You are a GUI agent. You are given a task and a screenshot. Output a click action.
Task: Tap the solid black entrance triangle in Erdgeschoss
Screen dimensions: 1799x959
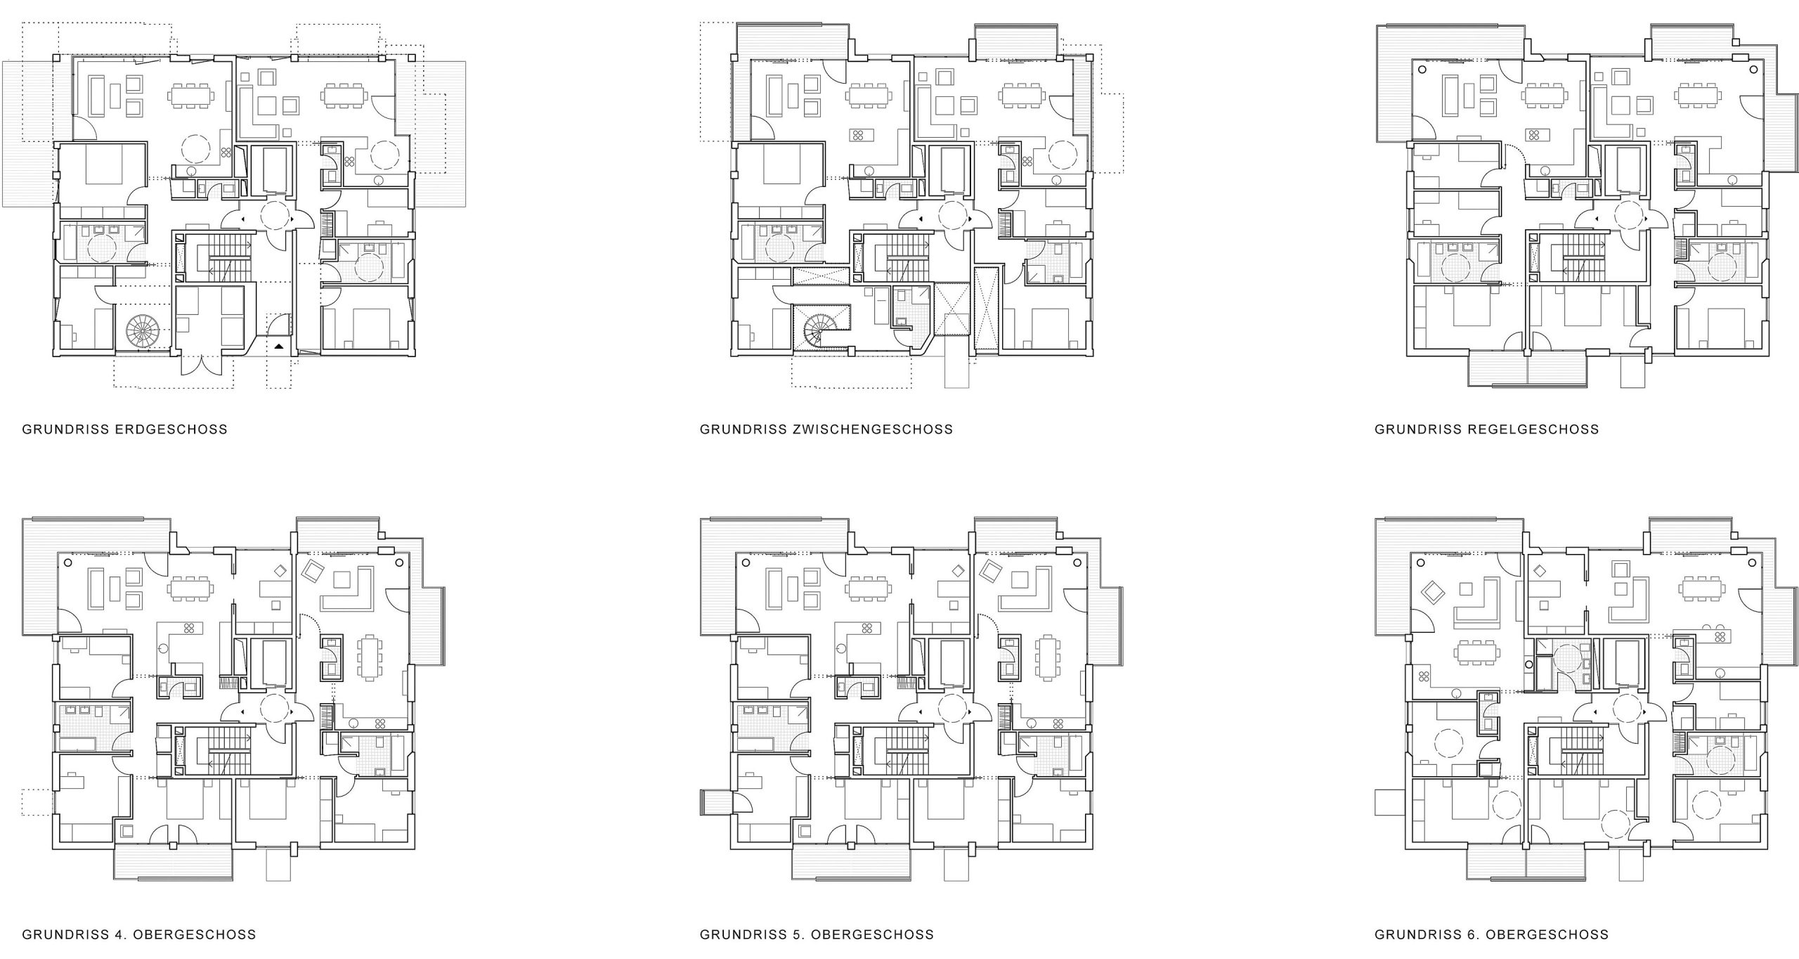(279, 346)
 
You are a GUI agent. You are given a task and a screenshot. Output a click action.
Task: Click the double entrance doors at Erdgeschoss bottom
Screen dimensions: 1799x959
(201, 363)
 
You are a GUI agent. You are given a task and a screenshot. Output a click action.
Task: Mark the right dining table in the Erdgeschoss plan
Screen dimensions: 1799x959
(344, 94)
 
